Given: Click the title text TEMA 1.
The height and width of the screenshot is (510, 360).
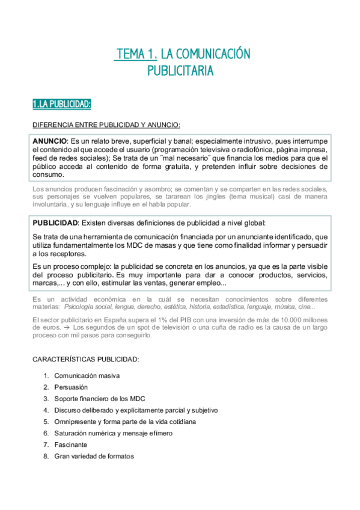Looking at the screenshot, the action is [136, 55].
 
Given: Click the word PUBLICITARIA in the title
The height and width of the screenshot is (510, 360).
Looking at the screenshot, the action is [180, 71].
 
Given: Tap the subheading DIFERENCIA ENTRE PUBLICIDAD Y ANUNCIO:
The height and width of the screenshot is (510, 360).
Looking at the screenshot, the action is [106, 125].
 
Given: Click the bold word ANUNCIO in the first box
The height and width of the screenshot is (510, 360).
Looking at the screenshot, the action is [50, 140].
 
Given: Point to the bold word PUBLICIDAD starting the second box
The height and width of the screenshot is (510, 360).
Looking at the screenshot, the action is [55, 223].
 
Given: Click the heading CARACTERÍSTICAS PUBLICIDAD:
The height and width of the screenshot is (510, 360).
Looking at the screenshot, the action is [85, 360].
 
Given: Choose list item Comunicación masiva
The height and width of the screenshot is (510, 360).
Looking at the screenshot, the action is [87, 376].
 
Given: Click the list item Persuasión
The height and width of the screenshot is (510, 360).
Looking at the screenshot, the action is [71, 387].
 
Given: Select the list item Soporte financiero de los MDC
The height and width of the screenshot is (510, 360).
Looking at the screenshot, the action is [99, 399].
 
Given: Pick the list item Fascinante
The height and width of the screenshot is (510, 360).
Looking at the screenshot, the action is [70, 444].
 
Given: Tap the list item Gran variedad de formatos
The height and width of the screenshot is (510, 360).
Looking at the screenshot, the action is [94, 456].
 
